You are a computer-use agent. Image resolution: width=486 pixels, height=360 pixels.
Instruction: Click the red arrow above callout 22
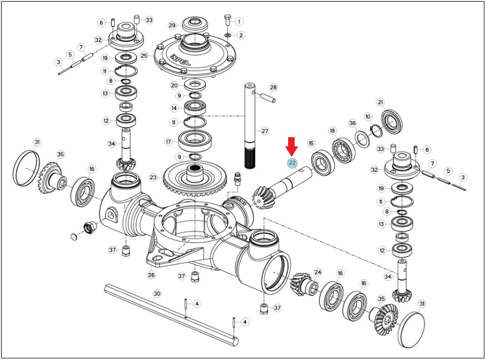tap(292, 146)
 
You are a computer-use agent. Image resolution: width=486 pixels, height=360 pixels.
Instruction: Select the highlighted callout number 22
tap(292, 163)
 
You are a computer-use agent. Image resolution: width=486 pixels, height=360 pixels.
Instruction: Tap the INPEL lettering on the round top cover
tap(181, 60)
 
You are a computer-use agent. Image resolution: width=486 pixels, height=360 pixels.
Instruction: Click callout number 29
tap(173, 25)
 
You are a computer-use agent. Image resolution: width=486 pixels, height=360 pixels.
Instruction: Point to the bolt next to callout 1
tap(227, 20)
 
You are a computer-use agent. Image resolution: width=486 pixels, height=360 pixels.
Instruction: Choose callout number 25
tap(144, 56)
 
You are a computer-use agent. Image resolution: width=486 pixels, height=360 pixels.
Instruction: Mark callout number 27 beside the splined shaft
tap(265, 131)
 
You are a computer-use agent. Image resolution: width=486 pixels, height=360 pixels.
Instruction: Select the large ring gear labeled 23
tap(194, 180)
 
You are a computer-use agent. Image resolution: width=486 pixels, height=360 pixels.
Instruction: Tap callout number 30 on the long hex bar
tap(157, 294)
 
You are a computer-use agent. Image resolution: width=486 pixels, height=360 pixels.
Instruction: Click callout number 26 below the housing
tap(151, 275)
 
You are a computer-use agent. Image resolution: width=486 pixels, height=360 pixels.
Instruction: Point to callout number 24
tap(318, 272)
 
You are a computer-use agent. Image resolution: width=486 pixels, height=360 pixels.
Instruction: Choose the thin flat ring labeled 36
tap(362, 139)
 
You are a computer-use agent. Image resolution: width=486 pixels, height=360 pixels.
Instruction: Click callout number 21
tap(381, 102)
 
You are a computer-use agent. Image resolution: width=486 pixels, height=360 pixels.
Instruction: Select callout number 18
tap(332, 131)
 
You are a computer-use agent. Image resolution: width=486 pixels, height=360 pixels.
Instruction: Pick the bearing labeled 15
tap(323, 162)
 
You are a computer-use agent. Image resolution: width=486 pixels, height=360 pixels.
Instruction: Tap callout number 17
tap(168, 142)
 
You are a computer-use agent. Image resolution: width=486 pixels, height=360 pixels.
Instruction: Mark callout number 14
tap(174, 108)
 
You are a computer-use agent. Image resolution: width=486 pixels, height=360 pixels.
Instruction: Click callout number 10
tap(368, 117)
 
